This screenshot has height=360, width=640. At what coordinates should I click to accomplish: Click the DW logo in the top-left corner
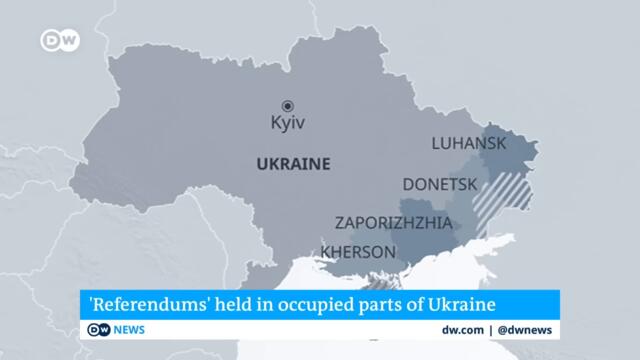57,40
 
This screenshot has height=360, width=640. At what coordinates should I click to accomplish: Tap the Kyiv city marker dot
287,105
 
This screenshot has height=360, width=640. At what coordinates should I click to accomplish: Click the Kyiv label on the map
288,124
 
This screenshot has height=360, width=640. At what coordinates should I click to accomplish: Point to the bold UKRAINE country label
293,163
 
